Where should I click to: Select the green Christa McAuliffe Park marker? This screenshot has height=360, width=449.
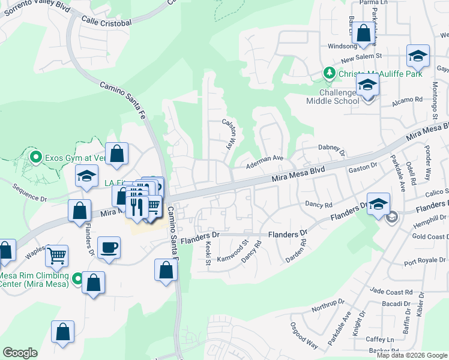(x=329, y=73)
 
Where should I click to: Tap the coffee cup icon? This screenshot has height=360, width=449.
(x=109, y=248)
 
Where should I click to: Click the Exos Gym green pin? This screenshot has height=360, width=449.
(x=35, y=158)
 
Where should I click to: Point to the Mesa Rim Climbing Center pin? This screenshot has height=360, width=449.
(x=77, y=278)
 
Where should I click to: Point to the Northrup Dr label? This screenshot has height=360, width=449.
(x=311, y=308)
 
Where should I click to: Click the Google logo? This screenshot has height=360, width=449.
(x=20, y=353)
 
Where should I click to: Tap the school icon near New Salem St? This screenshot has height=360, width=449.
(x=418, y=56)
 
